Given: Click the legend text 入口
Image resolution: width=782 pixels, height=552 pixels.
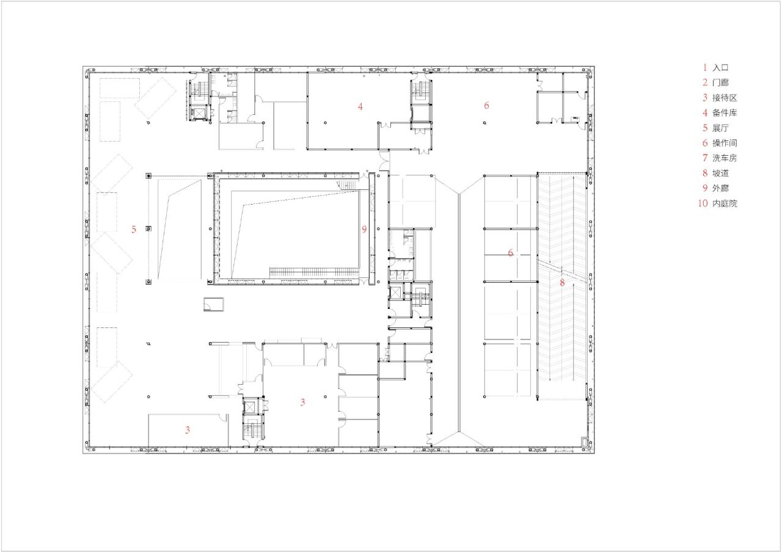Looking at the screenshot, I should click(720, 68).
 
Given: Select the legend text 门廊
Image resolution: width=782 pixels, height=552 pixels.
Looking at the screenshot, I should click(720, 82).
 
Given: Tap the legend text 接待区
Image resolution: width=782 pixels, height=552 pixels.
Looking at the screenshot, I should click(725, 98).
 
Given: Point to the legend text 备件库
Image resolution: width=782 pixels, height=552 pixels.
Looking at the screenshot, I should click(725, 113).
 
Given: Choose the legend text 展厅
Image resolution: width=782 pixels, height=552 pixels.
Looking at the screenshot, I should click(720, 128).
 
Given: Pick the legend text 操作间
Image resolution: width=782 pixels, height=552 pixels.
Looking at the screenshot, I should click(725, 143).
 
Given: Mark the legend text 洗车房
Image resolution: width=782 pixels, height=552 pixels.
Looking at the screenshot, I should click(725, 158).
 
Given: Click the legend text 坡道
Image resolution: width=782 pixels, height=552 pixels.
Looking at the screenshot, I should click(720, 173).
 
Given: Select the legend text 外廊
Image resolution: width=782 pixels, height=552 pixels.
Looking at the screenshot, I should click(720, 189).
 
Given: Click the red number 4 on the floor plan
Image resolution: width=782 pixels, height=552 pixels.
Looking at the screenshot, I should click(360, 106).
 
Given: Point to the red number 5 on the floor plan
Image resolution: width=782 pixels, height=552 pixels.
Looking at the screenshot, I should click(134, 230).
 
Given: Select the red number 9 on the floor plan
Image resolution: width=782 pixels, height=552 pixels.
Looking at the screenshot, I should click(364, 230).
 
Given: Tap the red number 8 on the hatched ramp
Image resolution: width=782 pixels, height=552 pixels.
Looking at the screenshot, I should click(562, 283).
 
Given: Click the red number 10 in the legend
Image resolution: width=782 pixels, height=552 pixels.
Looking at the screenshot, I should click(702, 203).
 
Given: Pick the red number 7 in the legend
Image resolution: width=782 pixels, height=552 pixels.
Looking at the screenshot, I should click(705, 158).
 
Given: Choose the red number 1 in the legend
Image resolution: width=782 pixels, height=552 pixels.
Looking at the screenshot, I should click(705, 68).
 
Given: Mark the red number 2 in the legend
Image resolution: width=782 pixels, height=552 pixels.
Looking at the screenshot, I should click(705, 82).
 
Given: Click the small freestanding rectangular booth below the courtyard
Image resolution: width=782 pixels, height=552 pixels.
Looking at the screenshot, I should click(214, 304).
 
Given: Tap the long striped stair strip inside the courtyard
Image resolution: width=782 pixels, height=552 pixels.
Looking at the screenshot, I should click(313, 271).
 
